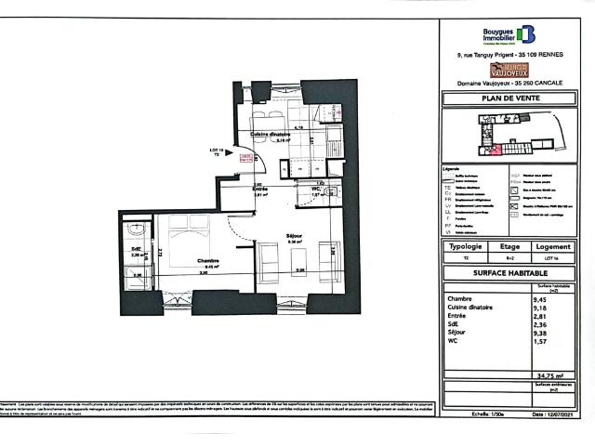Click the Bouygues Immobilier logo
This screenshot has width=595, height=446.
click(509, 35)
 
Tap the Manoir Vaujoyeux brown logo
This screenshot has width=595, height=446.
click(510, 68)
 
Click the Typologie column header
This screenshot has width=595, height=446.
click(465, 247)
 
